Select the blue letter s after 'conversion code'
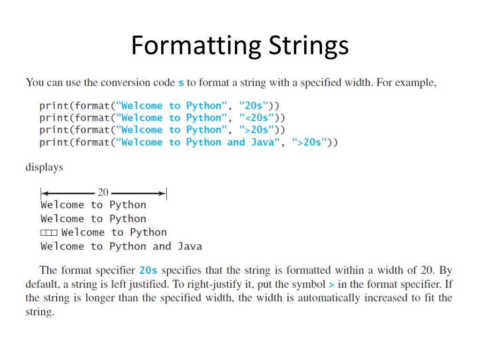181,83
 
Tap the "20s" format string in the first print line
254,106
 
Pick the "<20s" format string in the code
256,118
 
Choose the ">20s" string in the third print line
256,130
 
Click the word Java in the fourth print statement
263,142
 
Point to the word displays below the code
44,167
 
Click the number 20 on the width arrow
103,192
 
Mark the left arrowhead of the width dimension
44,193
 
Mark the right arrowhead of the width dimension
163,193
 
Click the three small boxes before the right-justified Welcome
49,232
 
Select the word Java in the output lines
190,246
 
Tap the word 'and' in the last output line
162,246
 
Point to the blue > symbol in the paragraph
331,285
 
